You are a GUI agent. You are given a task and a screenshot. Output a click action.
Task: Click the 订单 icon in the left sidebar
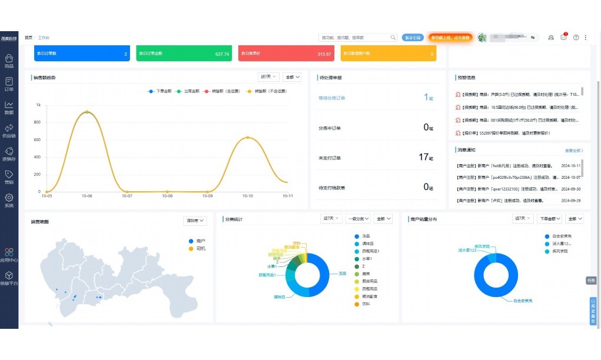[x=9, y=81]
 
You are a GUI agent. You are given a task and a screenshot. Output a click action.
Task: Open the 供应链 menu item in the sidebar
[x=9, y=128]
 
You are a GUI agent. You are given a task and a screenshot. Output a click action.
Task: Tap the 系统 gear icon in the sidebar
[x=9, y=198]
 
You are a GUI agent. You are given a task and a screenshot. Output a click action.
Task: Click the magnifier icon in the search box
[x=393, y=38]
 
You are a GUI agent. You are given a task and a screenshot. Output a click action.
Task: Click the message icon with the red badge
[x=563, y=37]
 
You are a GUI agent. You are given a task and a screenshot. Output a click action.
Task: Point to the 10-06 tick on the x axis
[x=87, y=196]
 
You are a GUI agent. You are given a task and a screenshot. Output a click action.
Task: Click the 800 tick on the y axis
[x=38, y=122]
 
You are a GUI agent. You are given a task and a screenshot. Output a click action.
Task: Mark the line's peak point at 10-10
[x=248, y=138]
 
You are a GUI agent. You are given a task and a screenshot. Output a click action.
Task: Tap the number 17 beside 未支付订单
[x=424, y=157]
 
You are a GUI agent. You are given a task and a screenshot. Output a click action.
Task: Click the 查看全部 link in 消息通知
[x=574, y=151]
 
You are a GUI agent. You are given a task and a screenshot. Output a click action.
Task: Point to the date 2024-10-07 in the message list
[x=570, y=177]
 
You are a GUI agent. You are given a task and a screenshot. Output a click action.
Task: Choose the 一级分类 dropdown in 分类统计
[x=358, y=219]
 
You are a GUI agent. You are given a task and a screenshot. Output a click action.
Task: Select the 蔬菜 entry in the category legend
[x=366, y=274]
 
